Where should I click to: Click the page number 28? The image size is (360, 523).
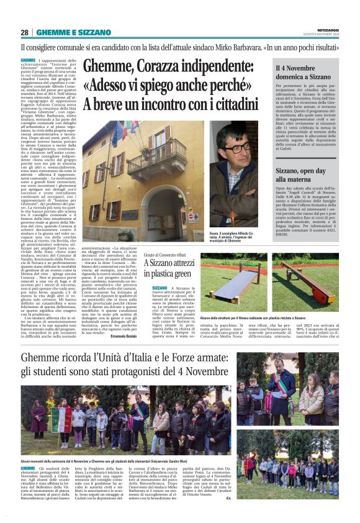[24, 32]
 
